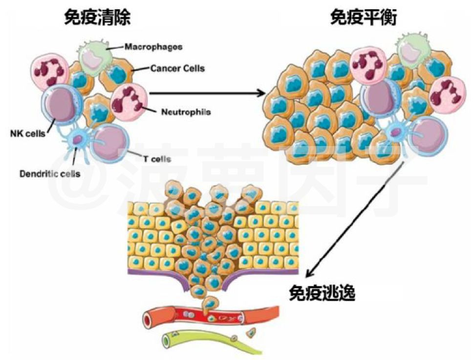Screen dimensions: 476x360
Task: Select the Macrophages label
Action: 153,47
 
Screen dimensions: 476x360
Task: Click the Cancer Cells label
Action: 177,68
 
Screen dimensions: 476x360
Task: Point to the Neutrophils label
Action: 186,112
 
